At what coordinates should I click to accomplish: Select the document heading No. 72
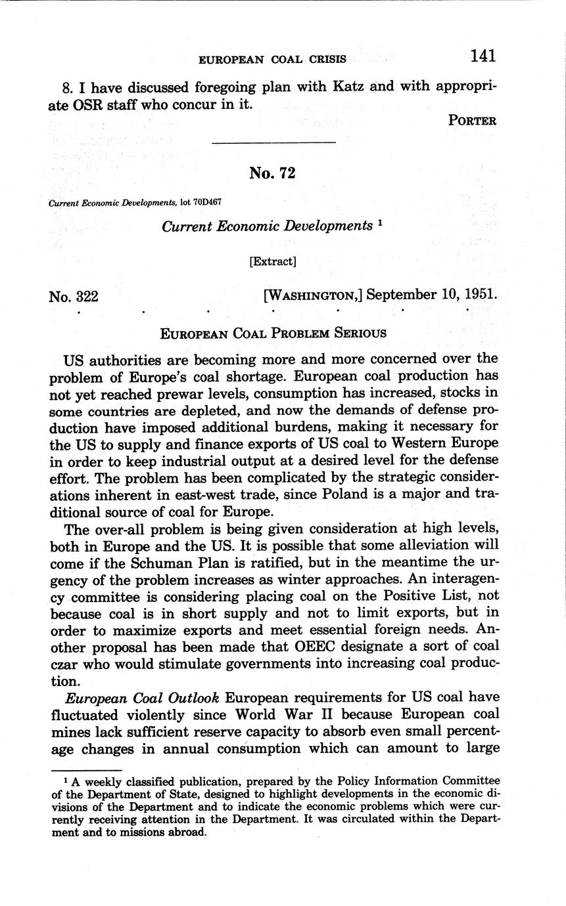point(272,173)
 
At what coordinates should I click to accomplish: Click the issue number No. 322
point(74,296)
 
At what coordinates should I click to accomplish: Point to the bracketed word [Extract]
point(273,261)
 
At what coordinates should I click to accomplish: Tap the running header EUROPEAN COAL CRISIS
point(272,59)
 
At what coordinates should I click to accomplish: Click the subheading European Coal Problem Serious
point(273,333)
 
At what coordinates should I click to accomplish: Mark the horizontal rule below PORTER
point(273,142)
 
